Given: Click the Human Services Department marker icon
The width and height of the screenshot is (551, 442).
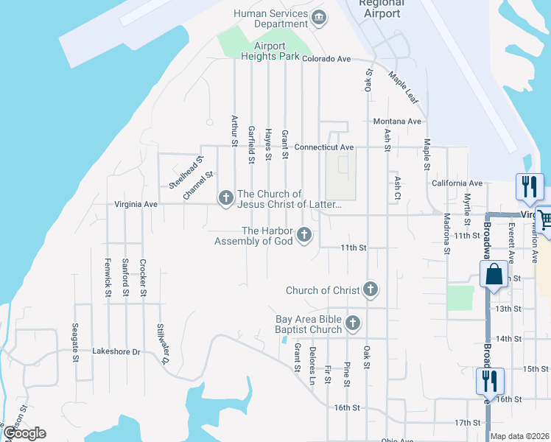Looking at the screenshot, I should (319, 18).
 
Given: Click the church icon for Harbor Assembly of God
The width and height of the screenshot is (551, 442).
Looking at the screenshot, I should (304, 236).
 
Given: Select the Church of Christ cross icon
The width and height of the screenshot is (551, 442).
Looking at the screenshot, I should (371, 290).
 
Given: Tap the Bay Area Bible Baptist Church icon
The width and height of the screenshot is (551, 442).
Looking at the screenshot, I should (354, 323).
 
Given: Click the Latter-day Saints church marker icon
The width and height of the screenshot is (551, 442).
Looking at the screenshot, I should (225, 197).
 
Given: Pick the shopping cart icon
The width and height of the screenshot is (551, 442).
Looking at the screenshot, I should (545, 219).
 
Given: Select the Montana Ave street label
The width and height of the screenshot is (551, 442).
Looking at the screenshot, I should (397, 122).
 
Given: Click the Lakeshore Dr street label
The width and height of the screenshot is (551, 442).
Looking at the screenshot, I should (116, 352).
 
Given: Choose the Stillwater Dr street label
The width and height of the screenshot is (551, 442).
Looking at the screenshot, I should (163, 344).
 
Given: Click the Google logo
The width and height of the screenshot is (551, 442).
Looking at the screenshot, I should (24, 433).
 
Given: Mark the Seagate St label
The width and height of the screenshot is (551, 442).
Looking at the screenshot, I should (75, 343).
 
